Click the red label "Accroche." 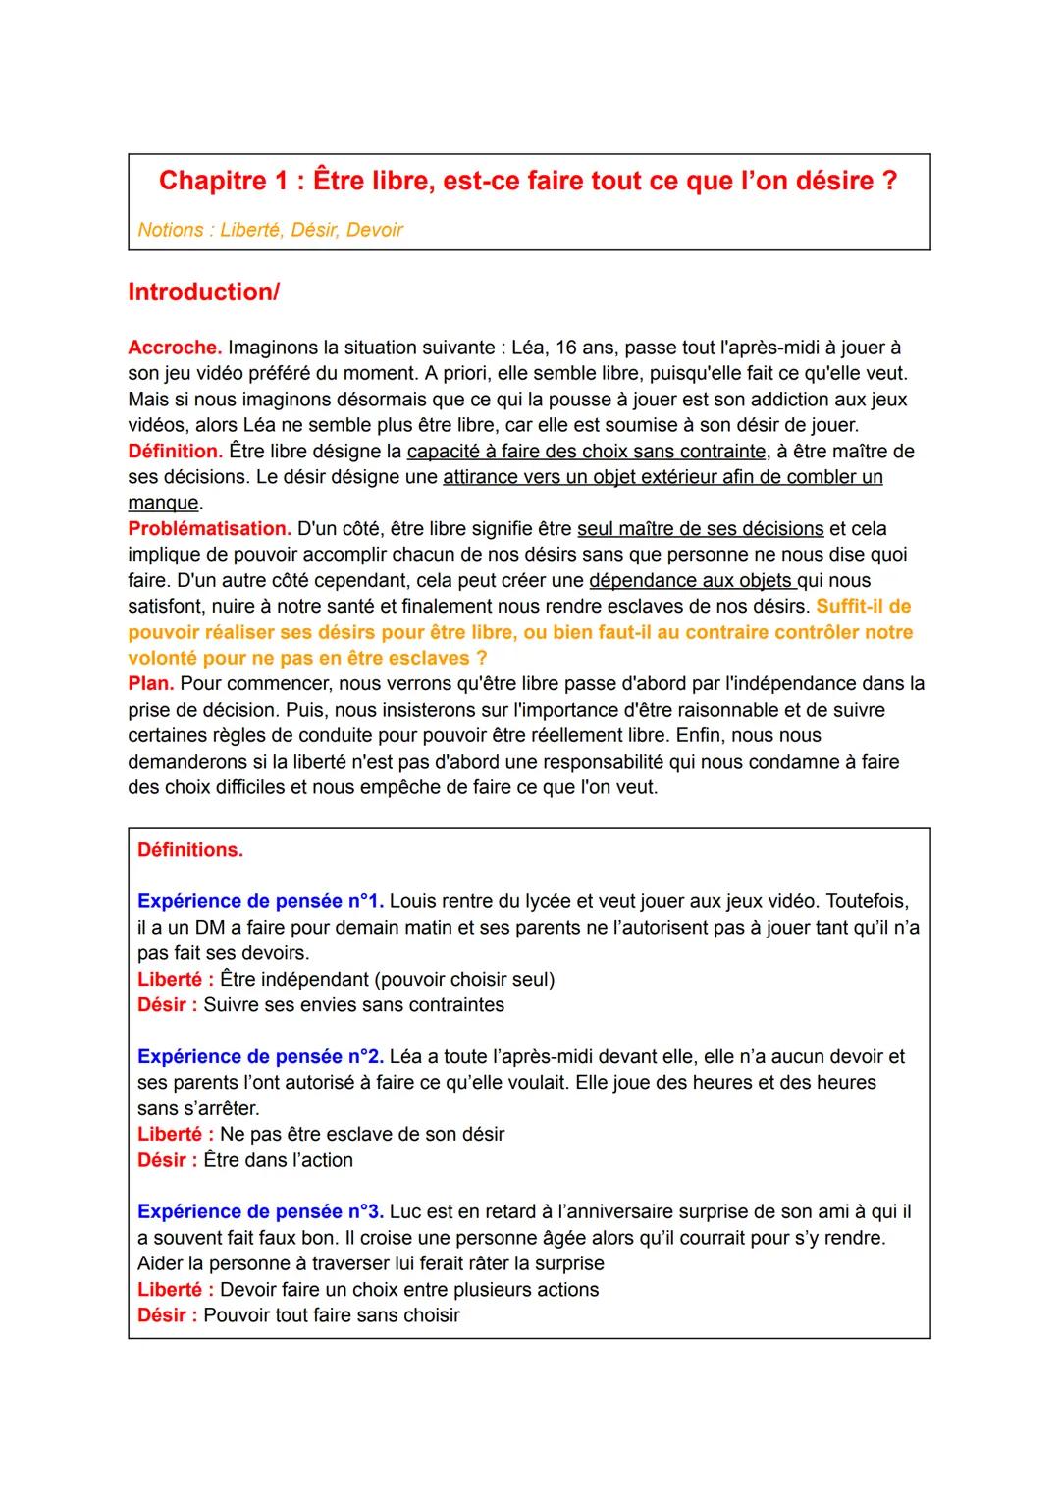pos(175,348)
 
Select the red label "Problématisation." pos(209,529)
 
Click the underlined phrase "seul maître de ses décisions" pos(700,529)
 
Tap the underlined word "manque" pos(163,503)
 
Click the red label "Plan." pos(151,684)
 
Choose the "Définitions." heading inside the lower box pos(190,850)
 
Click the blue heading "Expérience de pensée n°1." pos(260,901)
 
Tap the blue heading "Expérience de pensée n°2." pos(260,1057)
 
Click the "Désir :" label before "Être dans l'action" pos(167,1160)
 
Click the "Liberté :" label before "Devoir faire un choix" pos(176,1290)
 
